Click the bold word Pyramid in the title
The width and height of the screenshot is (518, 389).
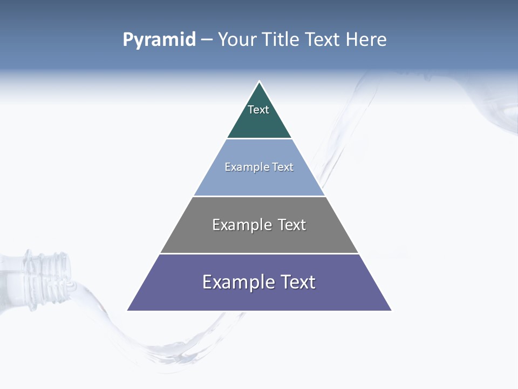click(x=159, y=39)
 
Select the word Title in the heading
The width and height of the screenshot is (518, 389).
click(x=281, y=39)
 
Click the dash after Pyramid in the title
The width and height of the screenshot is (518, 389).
click(x=207, y=40)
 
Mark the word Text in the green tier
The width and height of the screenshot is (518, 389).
click(x=258, y=110)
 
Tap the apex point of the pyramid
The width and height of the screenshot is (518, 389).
click(x=259, y=82)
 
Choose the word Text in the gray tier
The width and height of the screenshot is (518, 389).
click(x=292, y=225)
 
